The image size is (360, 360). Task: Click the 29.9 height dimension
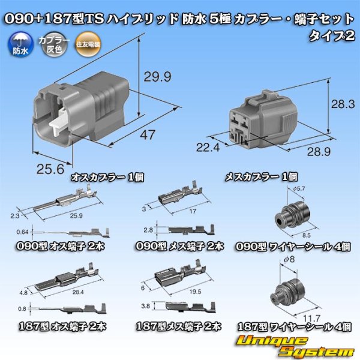pyautogui.click(x=157, y=76)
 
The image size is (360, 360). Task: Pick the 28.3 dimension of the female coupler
pyautogui.click(x=345, y=105)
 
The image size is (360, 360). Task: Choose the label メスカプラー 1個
pyautogui.click(x=262, y=177)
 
